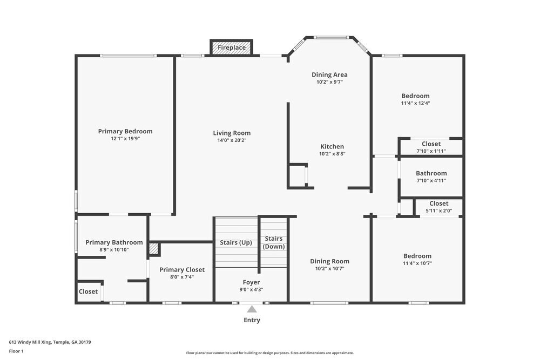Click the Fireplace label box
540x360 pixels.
(x=232, y=47)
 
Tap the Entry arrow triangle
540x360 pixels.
(x=252, y=309)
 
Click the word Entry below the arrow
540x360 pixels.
(x=252, y=320)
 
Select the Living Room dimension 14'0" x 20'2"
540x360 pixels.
(x=232, y=140)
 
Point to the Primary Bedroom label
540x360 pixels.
(x=125, y=131)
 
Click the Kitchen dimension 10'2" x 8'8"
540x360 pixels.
(x=332, y=154)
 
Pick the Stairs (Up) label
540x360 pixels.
(x=236, y=243)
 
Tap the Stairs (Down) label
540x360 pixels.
(x=274, y=242)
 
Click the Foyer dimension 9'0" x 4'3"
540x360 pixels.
(x=252, y=289)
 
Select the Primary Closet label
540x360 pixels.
(x=182, y=270)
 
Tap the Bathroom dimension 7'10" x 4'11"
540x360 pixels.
(x=431, y=180)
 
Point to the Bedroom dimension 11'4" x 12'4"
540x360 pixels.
(x=415, y=103)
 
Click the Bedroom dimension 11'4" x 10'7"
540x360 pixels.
(x=417, y=263)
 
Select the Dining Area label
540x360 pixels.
(x=329, y=74)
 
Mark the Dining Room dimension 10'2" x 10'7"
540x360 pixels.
(x=329, y=268)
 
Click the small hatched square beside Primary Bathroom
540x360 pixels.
(x=153, y=248)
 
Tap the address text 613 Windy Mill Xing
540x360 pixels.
(x=30, y=342)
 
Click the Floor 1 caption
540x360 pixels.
(x=16, y=351)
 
